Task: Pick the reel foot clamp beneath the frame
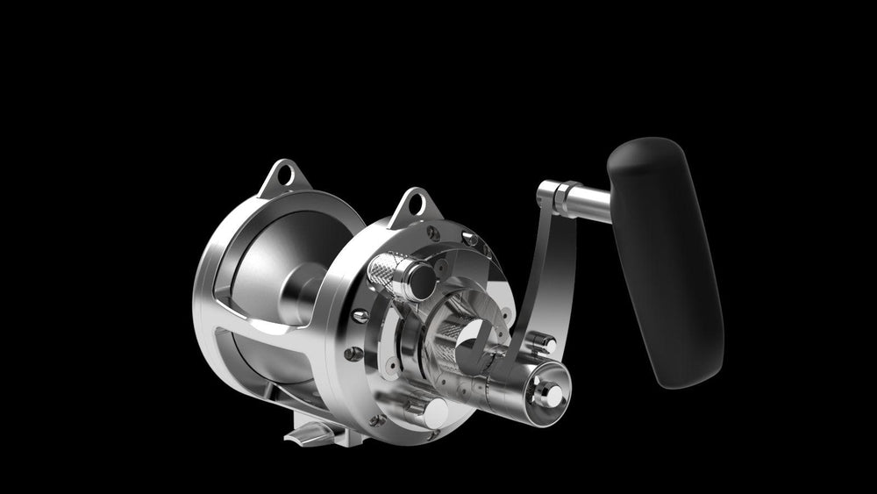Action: click(x=311, y=433)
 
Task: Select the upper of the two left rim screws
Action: click(x=359, y=313)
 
